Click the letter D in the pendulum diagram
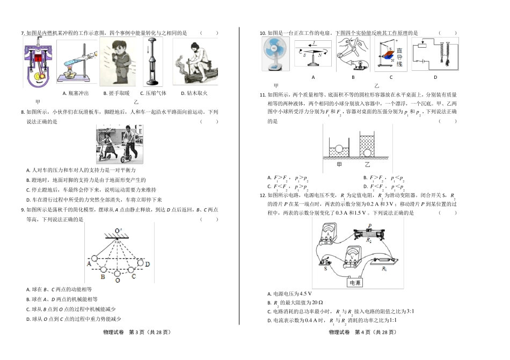(x=147, y=264)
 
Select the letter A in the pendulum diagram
(x=89, y=263)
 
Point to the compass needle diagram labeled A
(x=313, y=54)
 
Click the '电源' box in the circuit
(x=355, y=282)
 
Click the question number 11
(x=263, y=95)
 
